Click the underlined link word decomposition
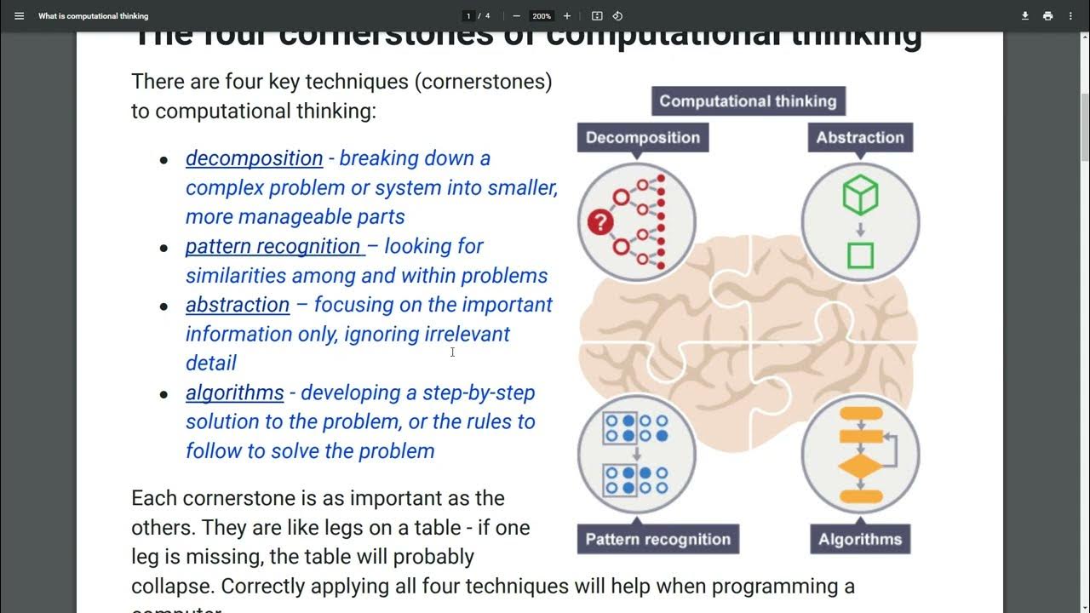[x=254, y=158]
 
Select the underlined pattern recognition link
[x=273, y=246]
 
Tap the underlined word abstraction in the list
[x=238, y=305]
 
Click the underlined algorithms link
[x=234, y=392]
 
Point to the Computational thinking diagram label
[x=748, y=101]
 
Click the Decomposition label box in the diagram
[x=642, y=138]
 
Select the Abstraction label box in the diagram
[x=859, y=138]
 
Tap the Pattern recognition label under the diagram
[x=657, y=539]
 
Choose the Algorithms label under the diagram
[x=859, y=539]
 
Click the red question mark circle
[x=600, y=223]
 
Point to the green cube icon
[x=860, y=196]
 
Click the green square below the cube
[x=860, y=255]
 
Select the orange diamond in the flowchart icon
[x=860, y=468]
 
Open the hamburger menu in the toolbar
[x=20, y=16]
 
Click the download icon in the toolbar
[x=1025, y=16]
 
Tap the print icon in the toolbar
[x=1047, y=16]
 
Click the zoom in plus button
[x=567, y=16]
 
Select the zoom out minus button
[x=516, y=16]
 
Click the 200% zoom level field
[x=542, y=16]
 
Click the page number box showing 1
[x=468, y=16]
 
